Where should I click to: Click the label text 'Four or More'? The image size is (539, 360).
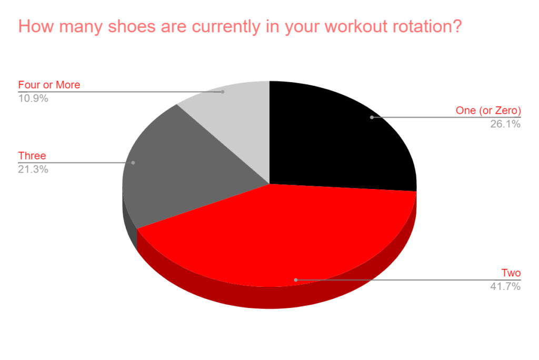49,85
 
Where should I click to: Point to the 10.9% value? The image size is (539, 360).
33,98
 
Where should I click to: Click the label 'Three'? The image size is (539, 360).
32,156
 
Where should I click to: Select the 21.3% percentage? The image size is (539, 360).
33,169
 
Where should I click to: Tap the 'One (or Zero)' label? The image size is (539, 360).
488,111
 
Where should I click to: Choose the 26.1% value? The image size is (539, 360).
505,124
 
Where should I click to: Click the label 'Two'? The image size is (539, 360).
511,273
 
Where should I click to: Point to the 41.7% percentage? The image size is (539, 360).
505,286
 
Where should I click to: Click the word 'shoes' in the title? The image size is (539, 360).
132,26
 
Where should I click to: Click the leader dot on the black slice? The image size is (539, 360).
372,117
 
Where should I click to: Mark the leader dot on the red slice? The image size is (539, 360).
296,280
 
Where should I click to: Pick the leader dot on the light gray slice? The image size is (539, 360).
223,92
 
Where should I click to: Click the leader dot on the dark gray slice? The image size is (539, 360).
133,163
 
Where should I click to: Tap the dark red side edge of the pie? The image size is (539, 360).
275,298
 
